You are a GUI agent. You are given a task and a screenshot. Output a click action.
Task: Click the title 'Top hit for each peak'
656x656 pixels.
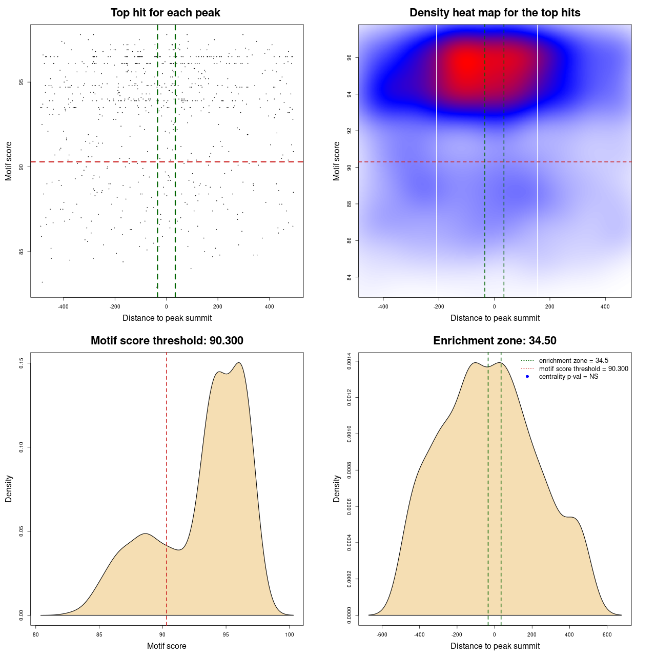coord(165,13)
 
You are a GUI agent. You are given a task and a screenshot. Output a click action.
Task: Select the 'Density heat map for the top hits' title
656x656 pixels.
coord(495,13)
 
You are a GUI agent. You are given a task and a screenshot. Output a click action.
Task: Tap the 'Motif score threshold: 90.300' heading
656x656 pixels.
coord(167,341)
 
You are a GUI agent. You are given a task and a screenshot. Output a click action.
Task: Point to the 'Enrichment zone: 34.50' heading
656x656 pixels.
coord(495,341)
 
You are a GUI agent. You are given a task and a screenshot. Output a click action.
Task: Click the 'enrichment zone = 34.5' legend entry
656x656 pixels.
coord(573,361)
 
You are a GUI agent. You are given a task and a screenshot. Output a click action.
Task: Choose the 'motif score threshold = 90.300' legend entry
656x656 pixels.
coord(583,368)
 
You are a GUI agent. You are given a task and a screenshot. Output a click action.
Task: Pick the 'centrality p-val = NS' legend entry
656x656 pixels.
coord(568,377)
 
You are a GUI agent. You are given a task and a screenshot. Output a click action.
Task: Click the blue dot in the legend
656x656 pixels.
coord(527,377)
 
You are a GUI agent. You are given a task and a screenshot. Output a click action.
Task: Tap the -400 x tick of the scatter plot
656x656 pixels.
coord(63,307)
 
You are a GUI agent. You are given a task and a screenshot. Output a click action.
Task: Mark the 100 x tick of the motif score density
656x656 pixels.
coord(290,634)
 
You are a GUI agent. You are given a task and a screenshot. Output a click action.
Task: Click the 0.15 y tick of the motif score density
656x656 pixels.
coord(22,363)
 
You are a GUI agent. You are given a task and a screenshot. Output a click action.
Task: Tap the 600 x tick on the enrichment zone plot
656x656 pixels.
coord(607,634)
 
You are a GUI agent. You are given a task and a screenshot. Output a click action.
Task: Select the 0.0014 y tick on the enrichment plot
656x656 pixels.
coord(350,361)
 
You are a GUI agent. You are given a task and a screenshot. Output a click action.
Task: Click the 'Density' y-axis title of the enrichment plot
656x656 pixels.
coord(337,488)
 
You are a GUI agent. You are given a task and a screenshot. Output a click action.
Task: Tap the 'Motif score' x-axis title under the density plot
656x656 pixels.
coord(167,646)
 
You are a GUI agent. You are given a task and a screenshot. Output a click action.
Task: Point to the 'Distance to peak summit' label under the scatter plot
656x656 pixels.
coord(167,318)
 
